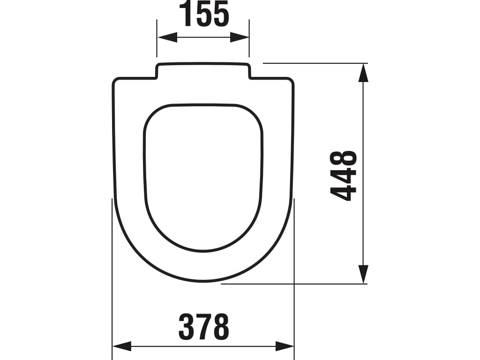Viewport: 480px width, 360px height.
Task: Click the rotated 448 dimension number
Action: point(344,175)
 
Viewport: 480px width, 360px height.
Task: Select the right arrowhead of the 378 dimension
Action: point(285,346)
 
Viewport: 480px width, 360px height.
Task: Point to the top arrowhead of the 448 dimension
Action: point(363,73)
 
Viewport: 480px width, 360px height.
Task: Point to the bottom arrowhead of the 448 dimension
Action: point(363,274)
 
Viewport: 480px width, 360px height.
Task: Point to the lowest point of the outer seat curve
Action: point(203,282)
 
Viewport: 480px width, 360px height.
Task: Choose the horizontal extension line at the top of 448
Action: point(314,63)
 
